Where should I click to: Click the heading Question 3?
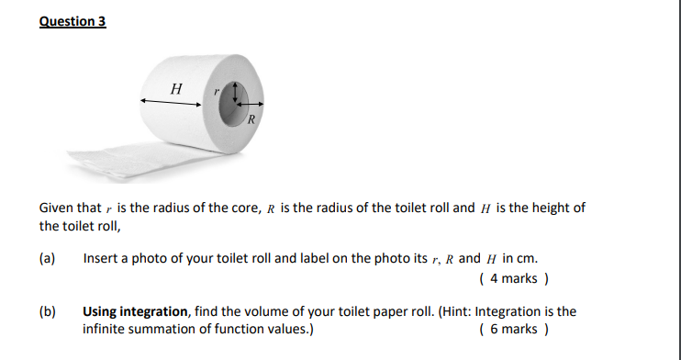[73, 21]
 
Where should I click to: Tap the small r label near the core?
[217, 91]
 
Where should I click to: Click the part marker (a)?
[48, 259]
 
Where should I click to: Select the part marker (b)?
[48, 312]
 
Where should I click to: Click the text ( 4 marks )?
[514, 276]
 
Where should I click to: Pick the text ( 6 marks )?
[514, 329]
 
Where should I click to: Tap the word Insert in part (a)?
[100, 259]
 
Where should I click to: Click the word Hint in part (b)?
[457, 312]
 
